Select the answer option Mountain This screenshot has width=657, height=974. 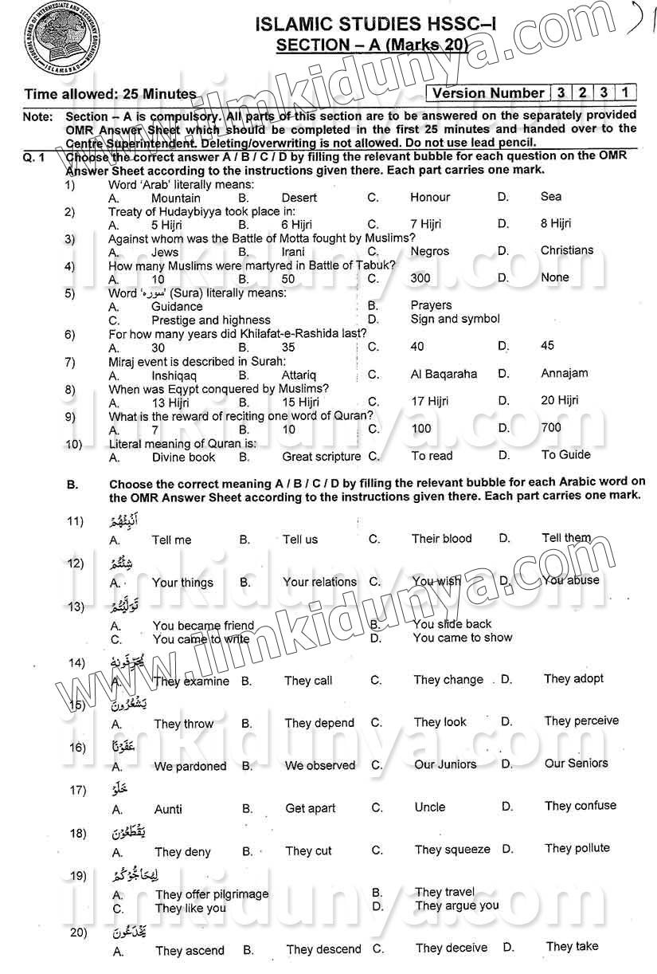point(176,198)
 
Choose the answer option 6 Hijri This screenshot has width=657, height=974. point(296,225)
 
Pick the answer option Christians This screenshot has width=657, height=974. point(567,251)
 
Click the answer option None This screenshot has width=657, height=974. point(555,278)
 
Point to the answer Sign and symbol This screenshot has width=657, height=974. point(456,319)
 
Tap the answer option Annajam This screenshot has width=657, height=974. point(565,373)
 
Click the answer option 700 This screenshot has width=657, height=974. point(551,428)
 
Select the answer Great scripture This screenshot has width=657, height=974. point(322,457)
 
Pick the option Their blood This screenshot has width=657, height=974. point(442,539)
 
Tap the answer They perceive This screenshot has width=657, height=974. point(581,721)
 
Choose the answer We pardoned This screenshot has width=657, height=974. point(190,767)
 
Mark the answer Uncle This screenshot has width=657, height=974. point(430,807)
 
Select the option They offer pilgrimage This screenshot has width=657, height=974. point(212,894)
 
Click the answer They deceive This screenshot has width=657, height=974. point(452,948)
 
